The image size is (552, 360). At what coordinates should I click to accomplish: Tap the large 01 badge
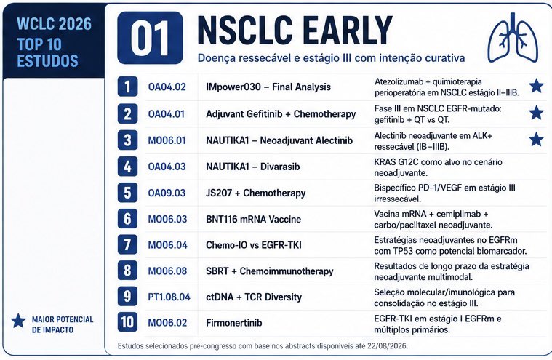click(x=150, y=38)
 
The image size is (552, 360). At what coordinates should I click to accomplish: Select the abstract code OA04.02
click(x=167, y=87)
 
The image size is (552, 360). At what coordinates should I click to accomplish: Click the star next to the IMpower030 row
click(x=536, y=86)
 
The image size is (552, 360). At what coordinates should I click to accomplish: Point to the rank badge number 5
click(x=127, y=193)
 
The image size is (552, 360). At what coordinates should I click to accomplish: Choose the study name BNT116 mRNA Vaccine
click(x=254, y=219)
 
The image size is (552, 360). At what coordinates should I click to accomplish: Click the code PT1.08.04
click(x=169, y=297)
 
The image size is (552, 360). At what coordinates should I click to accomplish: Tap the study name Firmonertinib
click(x=234, y=323)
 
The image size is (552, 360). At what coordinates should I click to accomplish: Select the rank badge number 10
click(x=127, y=322)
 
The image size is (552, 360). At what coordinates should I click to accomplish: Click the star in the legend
click(x=18, y=321)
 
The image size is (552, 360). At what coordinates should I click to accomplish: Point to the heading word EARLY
click(x=348, y=31)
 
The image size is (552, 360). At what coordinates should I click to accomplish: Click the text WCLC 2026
click(x=55, y=24)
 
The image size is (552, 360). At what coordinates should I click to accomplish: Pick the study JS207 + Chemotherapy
click(x=255, y=193)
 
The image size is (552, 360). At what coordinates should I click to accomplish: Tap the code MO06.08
click(x=167, y=271)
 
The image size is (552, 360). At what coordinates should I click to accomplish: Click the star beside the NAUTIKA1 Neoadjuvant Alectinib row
click(x=536, y=140)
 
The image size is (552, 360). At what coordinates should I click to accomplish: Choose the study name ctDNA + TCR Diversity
click(x=254, y=297)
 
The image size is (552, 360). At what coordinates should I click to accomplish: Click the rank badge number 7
click(x=127, y=245)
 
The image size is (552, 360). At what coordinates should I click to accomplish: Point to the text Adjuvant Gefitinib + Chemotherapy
click(x=281, y=114)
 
